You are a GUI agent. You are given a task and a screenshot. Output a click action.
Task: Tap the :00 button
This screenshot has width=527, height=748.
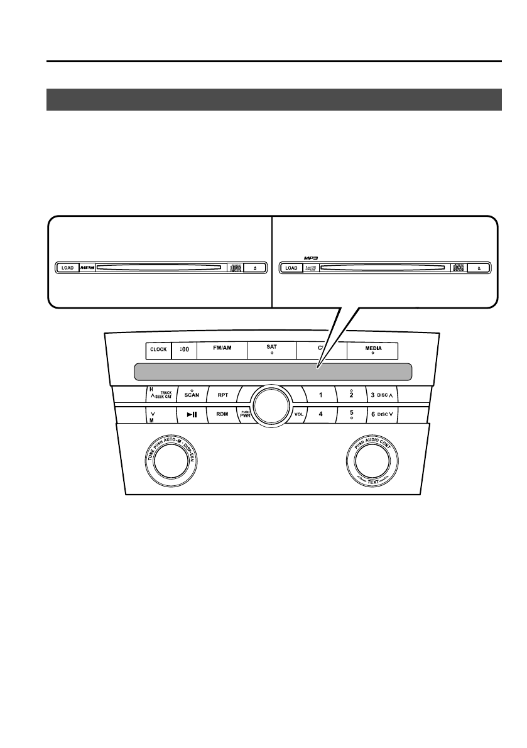click(x=184, y=349)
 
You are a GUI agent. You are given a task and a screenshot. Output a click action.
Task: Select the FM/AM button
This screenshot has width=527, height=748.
click(x=222, y=349)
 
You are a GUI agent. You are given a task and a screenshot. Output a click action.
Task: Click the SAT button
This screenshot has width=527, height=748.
click(x=272, y=349)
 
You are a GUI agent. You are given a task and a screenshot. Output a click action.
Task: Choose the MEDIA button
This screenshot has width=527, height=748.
click(x=373, y=349)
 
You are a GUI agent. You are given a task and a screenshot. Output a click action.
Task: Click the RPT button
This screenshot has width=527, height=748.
click(x=222, y=396)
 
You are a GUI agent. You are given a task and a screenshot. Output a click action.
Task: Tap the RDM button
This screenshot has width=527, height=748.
click(x=222, y=415)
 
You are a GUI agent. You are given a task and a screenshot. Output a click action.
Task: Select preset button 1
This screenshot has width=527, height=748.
click(x=320, y=396)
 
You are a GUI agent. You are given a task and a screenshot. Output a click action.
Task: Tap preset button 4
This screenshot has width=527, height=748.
click(x=320, y=415)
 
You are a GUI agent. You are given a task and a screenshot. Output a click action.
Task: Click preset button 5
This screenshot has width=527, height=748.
click(x=350, y=415)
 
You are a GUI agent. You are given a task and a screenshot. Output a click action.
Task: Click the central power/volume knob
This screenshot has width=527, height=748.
click(x=271, y=404)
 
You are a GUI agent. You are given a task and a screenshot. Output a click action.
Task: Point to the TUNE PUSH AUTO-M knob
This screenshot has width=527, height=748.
click(x=168, y=463)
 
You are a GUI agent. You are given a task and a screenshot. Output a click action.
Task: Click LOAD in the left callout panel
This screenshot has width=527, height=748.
click(x=67, y=268)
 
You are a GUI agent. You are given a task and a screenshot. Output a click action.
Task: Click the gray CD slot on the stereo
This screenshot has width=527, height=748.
click(x=273, y=371)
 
